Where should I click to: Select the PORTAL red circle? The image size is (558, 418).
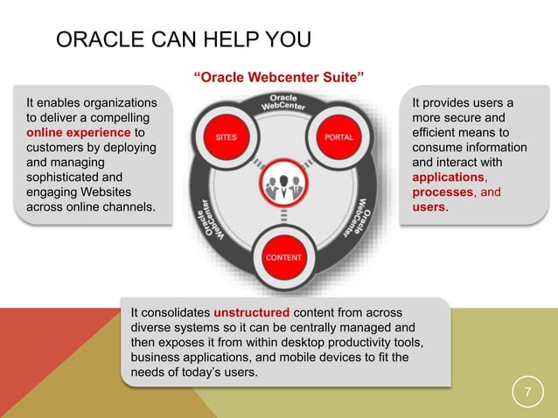point(338,137)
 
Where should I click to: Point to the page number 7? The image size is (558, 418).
point(527,393)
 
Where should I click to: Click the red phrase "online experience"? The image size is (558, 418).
point(79,132)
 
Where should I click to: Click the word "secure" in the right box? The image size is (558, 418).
point(466,118)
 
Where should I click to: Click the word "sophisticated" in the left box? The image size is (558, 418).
point(66,178)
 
